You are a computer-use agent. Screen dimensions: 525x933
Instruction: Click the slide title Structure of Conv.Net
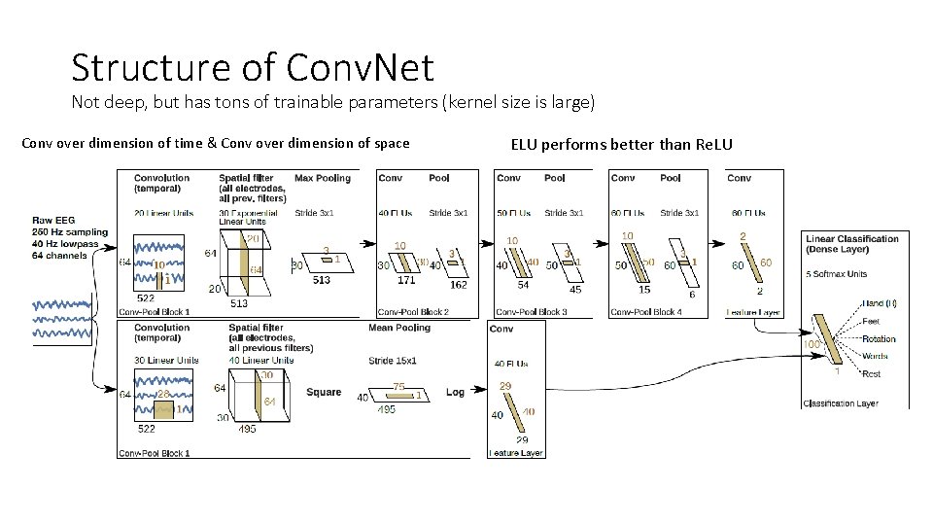[x=252, y=67]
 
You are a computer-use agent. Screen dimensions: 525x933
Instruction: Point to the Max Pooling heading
[x=322, y=178]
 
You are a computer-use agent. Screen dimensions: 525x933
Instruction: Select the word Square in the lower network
[x=324, y=392]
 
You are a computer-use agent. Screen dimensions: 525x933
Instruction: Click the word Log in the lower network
[x=455, y=392]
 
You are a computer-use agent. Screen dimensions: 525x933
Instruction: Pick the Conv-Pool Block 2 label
[x=413, y=312]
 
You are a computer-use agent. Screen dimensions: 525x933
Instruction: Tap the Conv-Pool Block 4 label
[x=645, y=312]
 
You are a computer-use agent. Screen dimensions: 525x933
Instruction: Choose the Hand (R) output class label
[x=879, y=303]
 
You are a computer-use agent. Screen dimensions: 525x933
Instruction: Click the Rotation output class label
[x=879, y=339]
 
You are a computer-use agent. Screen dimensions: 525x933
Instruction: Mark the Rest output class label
[x=872, y=374]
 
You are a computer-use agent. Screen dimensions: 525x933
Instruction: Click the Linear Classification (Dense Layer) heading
[x=852, y=244]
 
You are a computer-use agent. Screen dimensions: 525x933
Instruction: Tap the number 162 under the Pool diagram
[x=458, y=286]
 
